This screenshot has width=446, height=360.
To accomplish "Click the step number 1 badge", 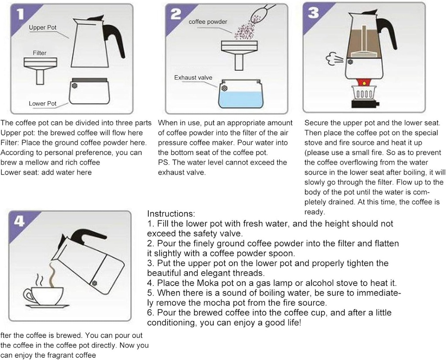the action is click(20, 14).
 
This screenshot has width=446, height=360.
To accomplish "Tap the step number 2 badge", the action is click(176, 14).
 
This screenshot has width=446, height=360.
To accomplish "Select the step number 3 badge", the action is click(313, 13).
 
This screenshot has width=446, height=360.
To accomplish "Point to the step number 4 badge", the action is click(19, 221).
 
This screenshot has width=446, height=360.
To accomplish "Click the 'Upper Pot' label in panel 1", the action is click(43, 27).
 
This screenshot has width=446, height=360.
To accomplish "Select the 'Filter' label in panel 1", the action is click(40, 53).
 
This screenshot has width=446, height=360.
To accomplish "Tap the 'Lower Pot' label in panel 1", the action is click(43, 104).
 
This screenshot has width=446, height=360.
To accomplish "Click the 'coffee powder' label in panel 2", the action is click(208, 22).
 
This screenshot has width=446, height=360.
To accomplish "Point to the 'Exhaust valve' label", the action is click(193, 77).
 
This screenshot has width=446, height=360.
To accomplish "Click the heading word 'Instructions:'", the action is click(171, 214).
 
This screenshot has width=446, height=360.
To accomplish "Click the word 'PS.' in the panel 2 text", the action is click(164, 162).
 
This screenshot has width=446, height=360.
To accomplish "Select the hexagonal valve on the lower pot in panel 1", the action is click(75, 86).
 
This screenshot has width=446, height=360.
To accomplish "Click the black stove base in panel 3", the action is click(366, 104).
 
